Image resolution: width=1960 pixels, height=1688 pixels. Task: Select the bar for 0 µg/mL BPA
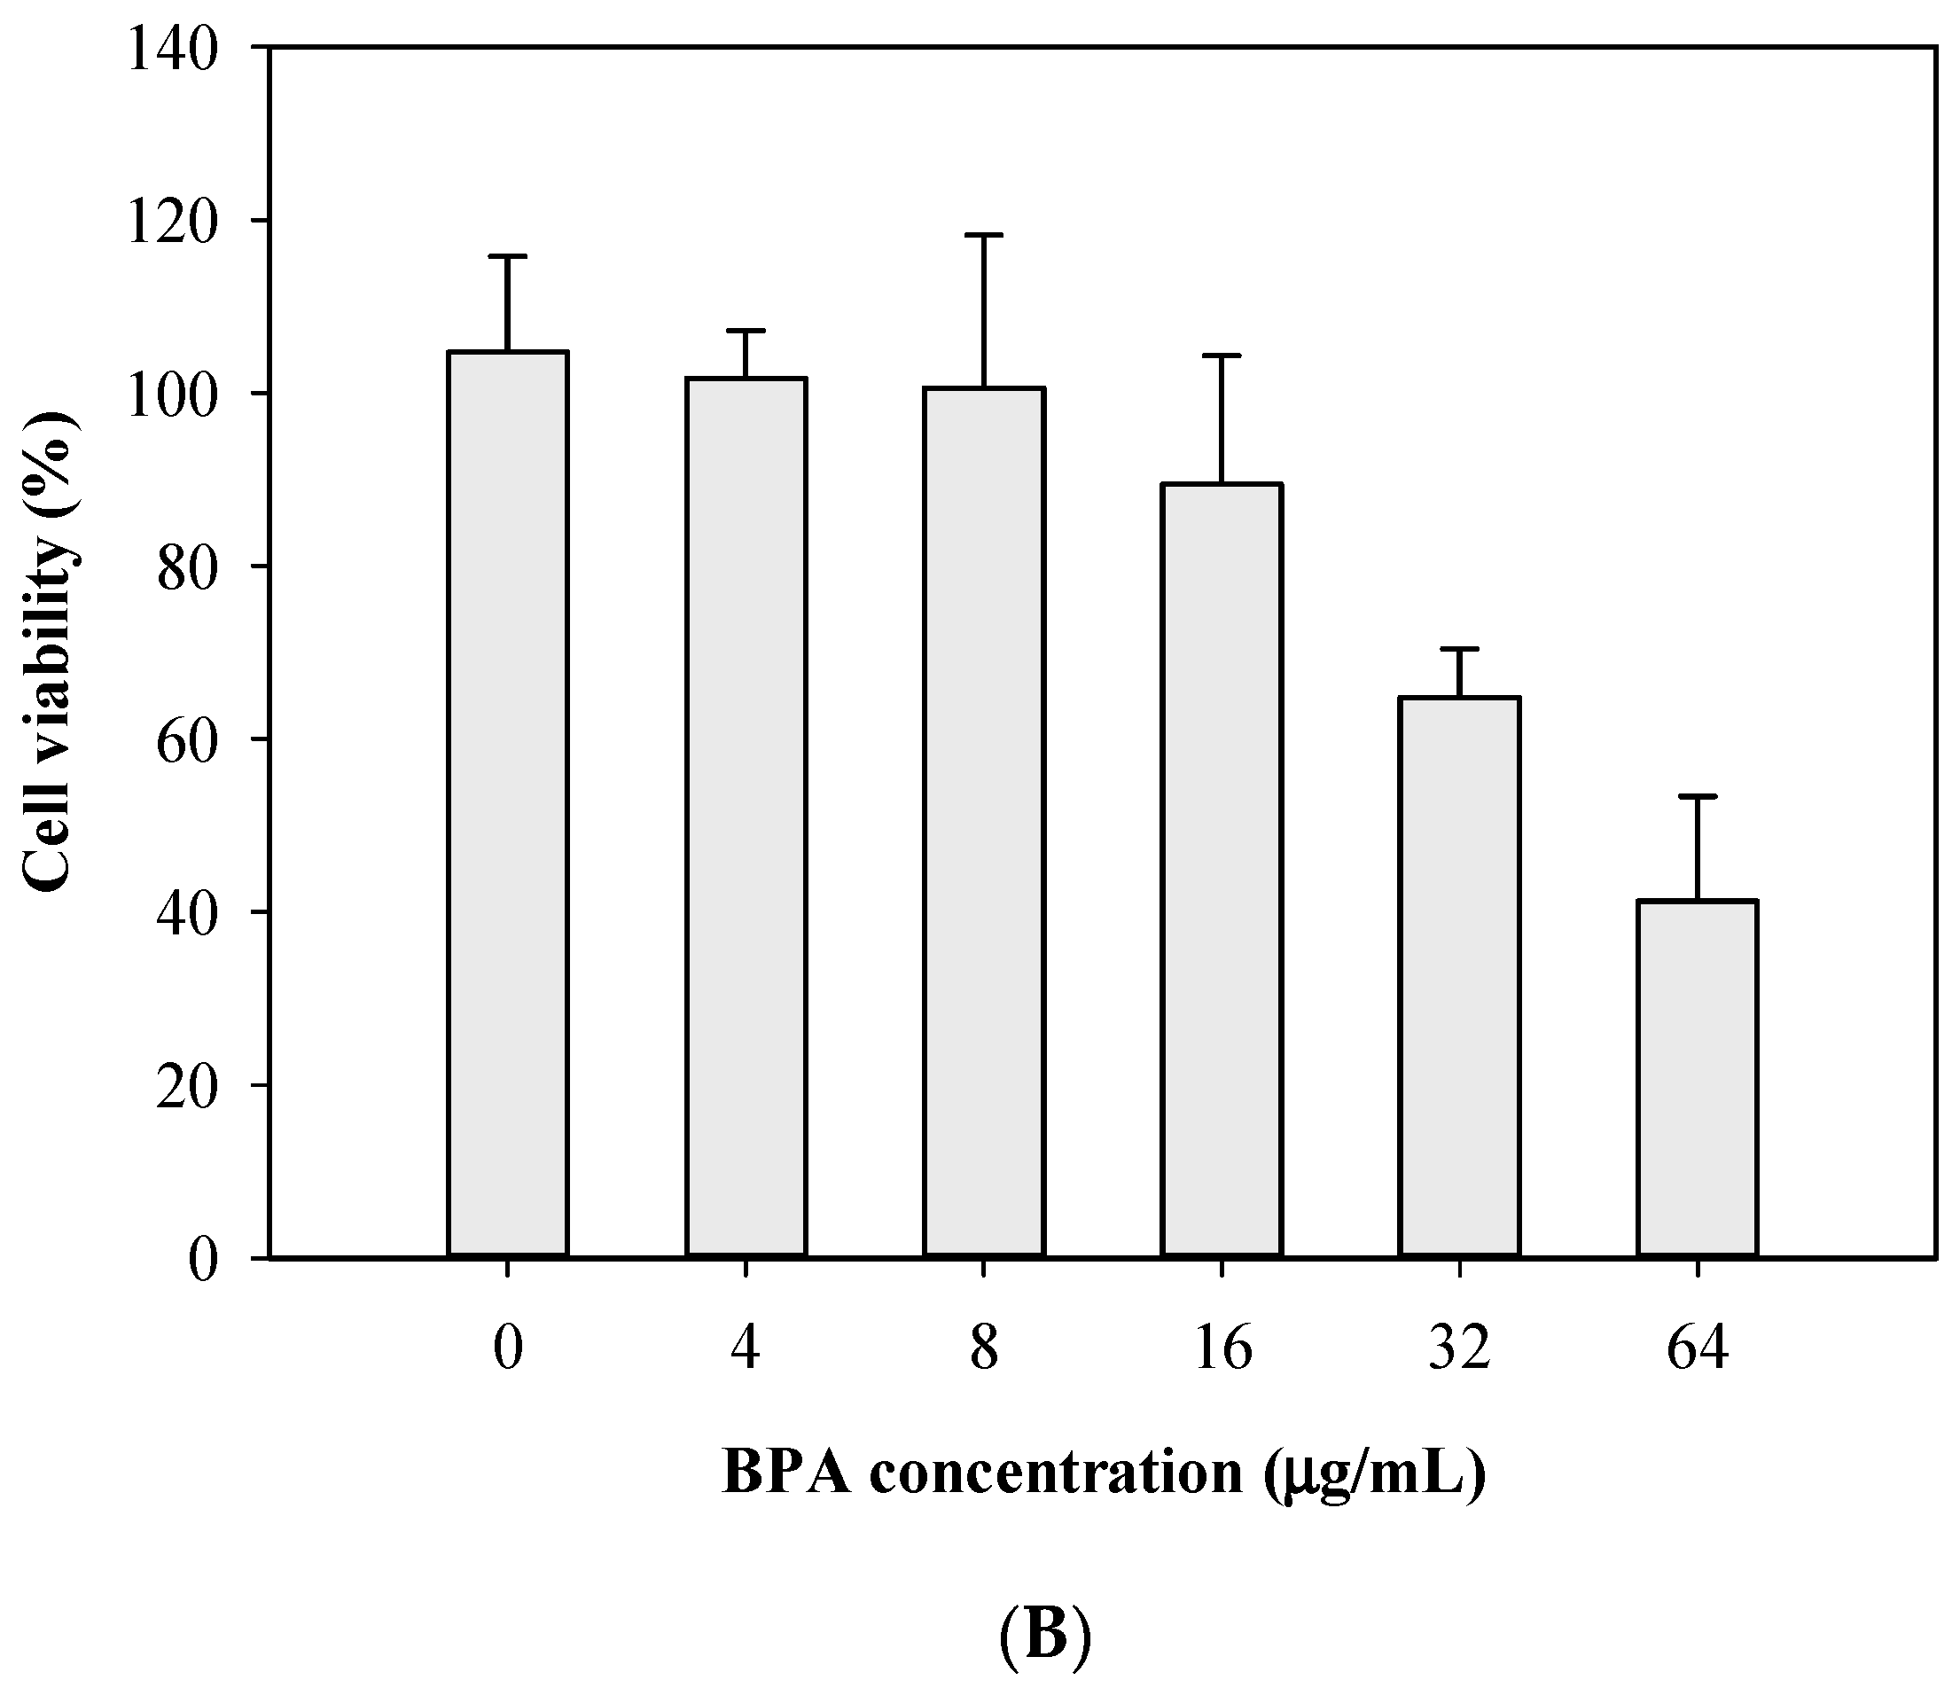pyautogui.click(x=508, y=804)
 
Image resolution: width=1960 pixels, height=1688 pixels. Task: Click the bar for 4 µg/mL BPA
pyautogui.click(x=746, y=817)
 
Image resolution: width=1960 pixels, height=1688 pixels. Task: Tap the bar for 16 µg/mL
pyautogui.click(x=1222, y=871)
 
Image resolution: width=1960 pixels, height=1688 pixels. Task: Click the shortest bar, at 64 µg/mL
pyautogui.click(x=1698, y=1079)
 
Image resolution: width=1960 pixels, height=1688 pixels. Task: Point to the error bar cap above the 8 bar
pyautogui.click(x=984, y=235)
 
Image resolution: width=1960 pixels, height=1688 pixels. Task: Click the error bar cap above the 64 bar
pyautogui.click(x=1698, y=797)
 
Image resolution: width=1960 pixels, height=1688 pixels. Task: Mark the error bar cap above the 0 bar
pyautogui.click(x=508, y=256)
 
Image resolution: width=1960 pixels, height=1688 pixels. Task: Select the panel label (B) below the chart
pyautogui.click(x=1044, y=1636)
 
